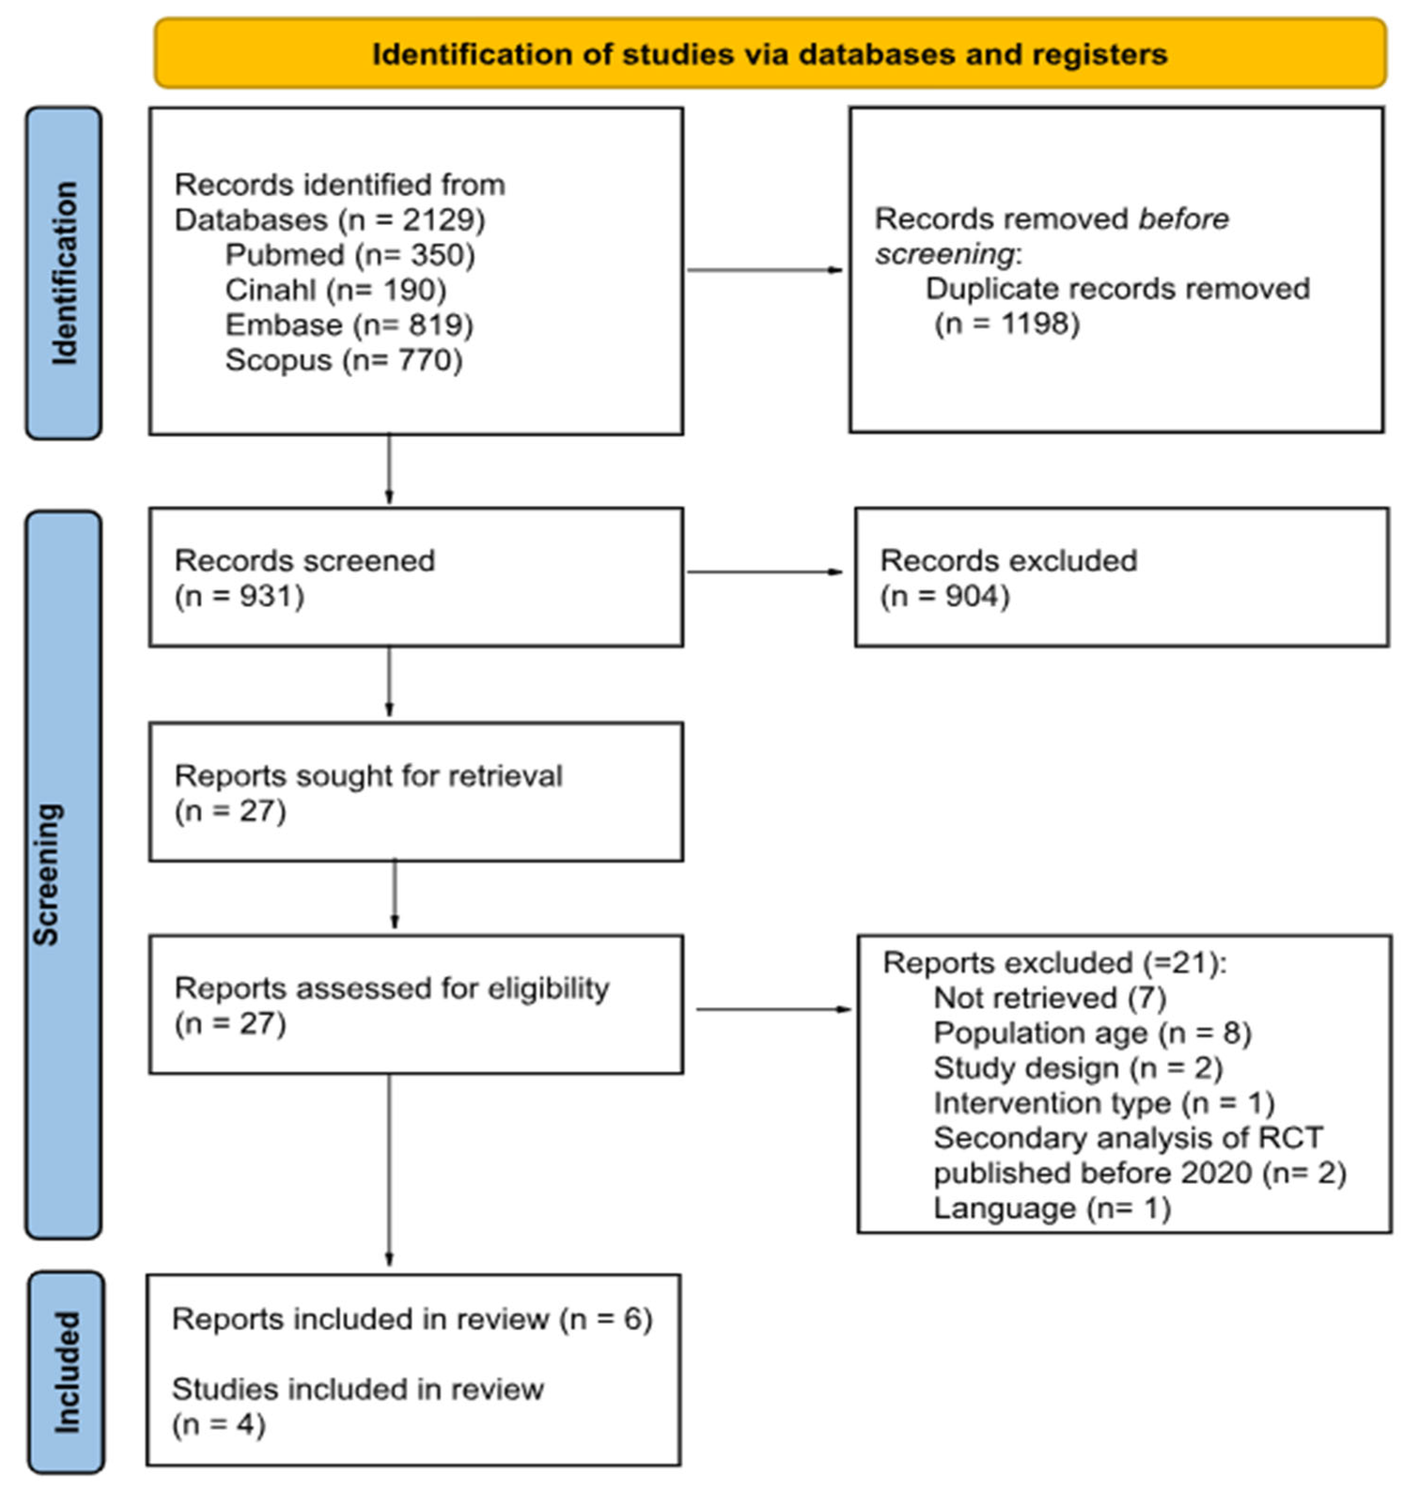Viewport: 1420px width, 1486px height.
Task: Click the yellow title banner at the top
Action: click(x=771, y=53)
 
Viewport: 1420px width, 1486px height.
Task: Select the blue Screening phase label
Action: click(x=63, y=874)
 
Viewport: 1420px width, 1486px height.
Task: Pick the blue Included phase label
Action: click(x=67, y=1371)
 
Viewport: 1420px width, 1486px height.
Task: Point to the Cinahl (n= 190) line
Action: click(x=336, y=290)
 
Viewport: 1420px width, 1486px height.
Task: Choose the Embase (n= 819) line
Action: click(x=350, y=325)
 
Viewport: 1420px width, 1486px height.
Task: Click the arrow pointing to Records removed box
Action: click(x=765, y=270)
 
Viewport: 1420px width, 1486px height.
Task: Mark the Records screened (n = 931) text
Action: click(x=304, y=578)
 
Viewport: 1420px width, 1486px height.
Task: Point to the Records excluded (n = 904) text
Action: click(x=1008, y=578)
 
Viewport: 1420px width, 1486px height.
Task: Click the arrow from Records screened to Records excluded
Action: click(x=765, y=571)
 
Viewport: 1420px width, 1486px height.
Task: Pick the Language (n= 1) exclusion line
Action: click(x=1052, y=1207)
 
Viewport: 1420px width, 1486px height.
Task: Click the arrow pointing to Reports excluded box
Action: click(x=773, y=1008)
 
